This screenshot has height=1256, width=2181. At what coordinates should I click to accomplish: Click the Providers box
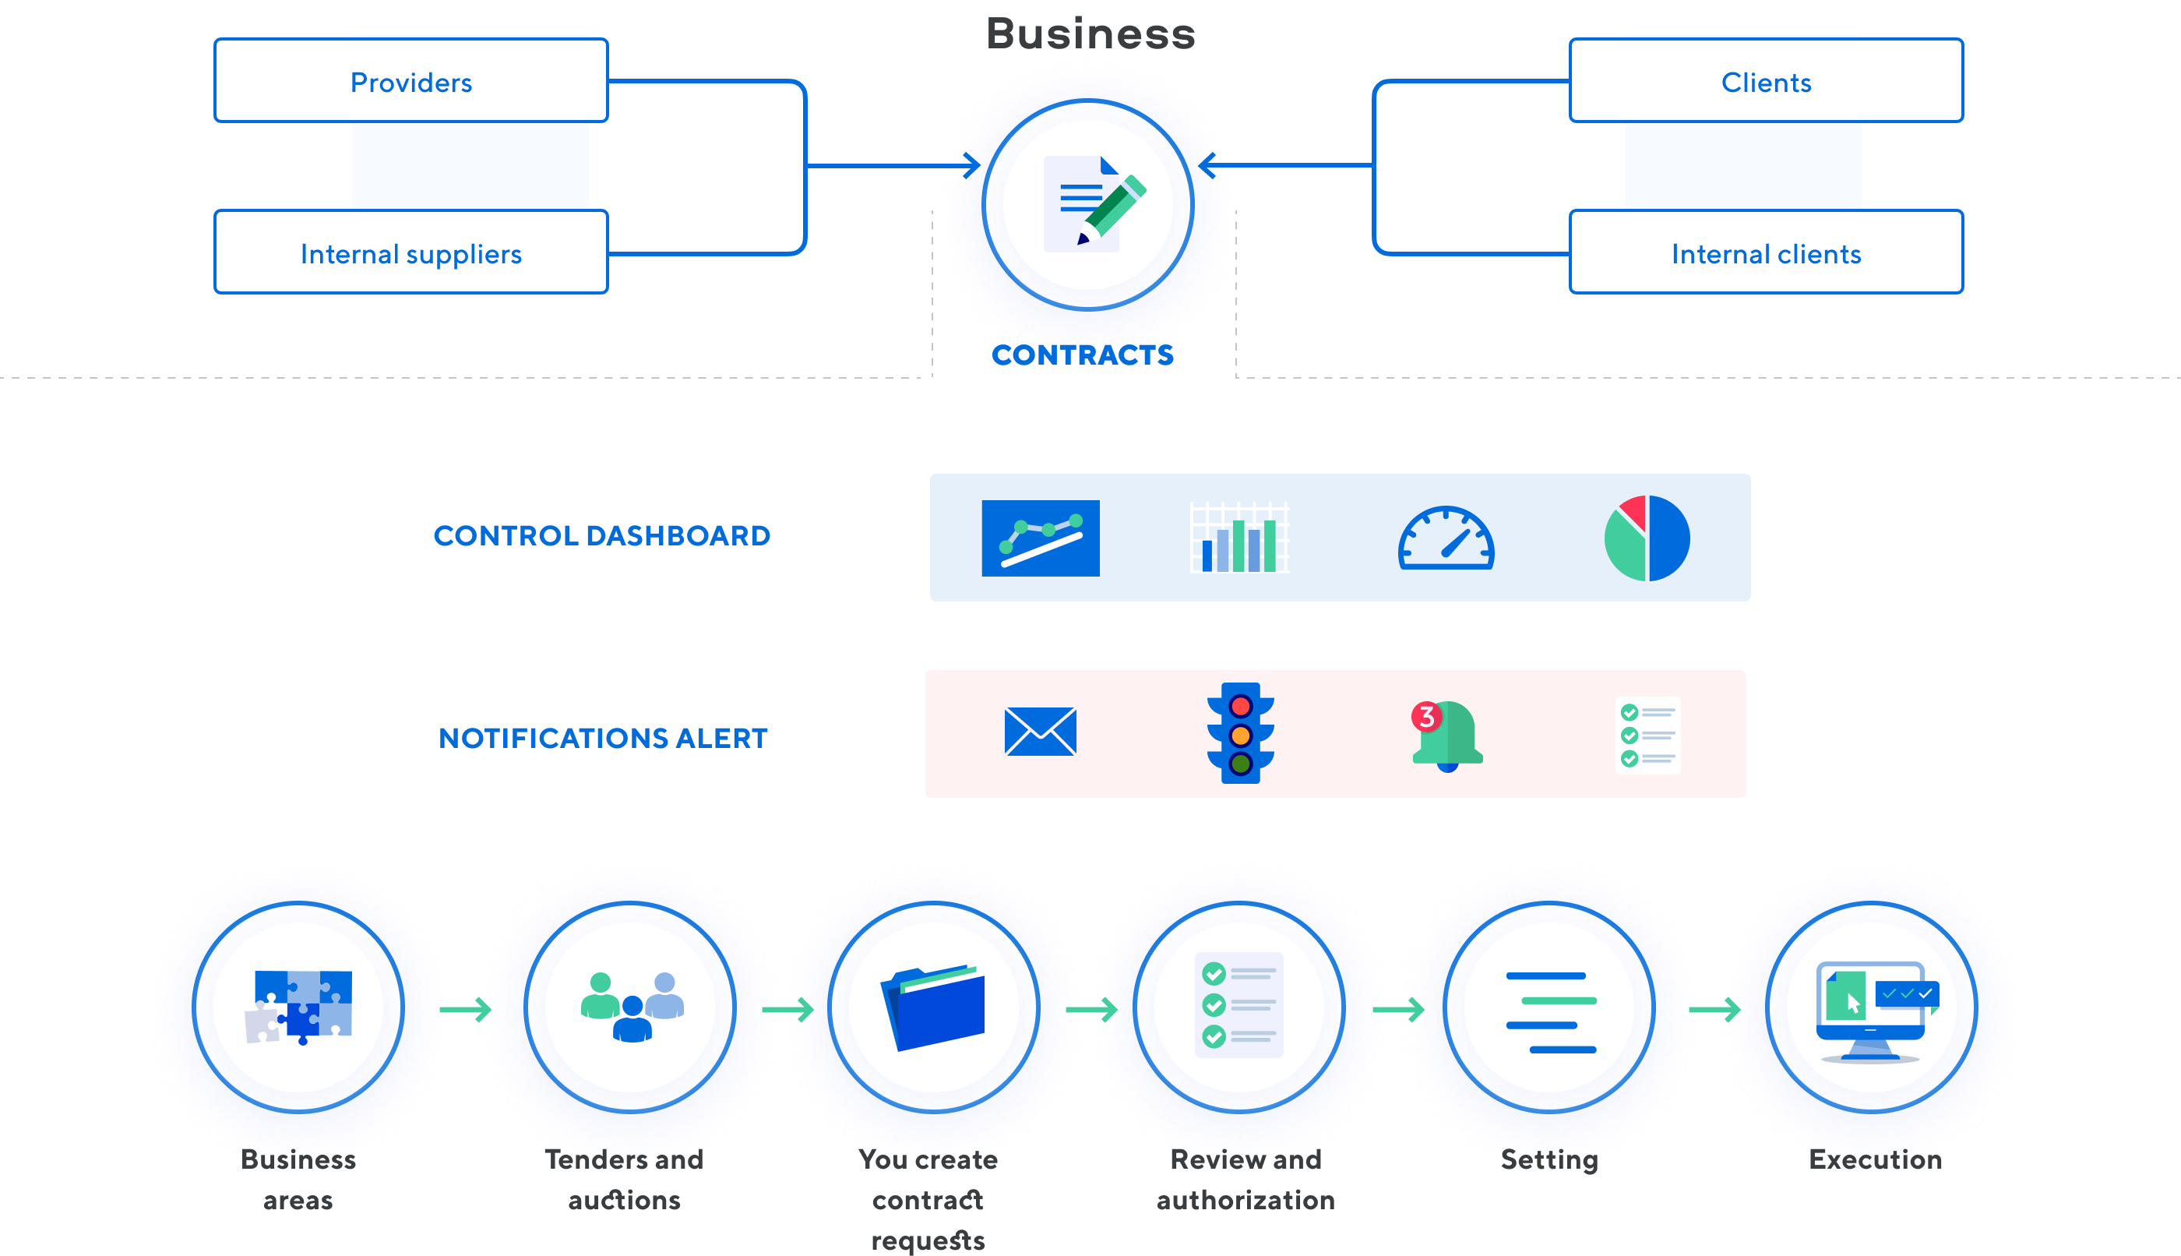410,81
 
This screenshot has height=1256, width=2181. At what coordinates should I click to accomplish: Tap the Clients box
1765,81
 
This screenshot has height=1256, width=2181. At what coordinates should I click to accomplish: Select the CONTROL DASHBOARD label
601,536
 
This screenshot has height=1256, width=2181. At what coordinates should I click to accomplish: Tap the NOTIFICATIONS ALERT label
603,739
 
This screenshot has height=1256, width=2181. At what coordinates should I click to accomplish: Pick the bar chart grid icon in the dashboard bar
1239,538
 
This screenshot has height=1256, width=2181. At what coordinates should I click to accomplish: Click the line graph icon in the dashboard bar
1041,540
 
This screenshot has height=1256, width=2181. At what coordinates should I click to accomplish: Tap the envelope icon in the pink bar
1040,732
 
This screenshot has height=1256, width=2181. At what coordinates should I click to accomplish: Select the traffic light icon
1240,733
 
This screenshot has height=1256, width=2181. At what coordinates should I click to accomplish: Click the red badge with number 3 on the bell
1426,717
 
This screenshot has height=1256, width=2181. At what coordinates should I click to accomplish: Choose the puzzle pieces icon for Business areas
299,1007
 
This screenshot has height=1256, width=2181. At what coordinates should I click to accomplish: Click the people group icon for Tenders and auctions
632,1007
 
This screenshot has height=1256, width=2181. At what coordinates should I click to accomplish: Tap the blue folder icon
934,1007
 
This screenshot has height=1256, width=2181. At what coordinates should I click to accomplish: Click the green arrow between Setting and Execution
1715,1009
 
